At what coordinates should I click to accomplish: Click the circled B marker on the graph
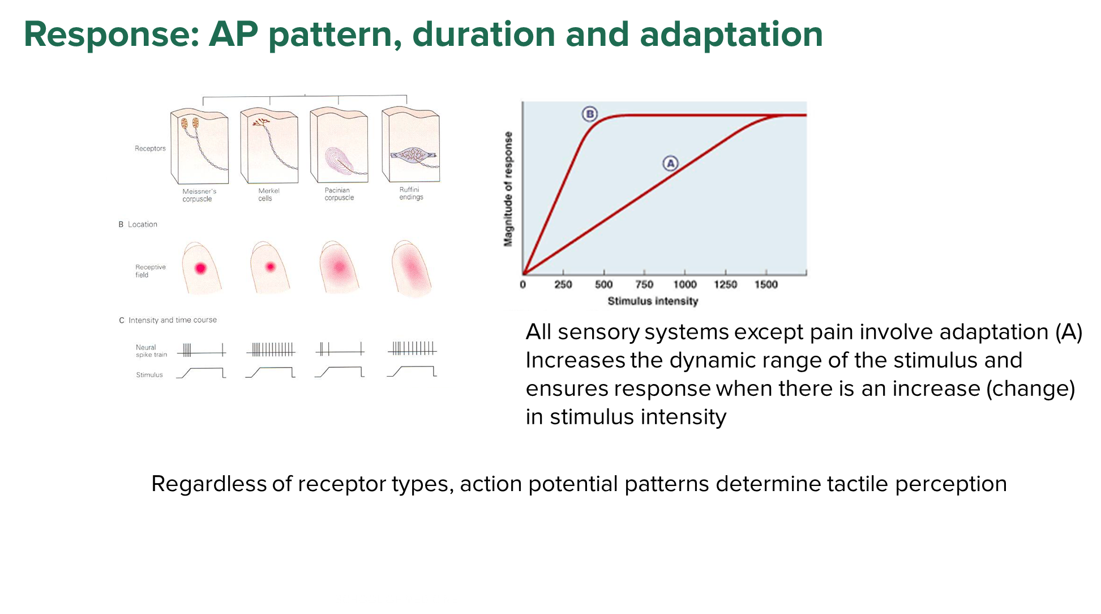pyautogui.click(x=590, y=114)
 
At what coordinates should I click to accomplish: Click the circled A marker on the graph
pyautogui.click(x=671, y=164)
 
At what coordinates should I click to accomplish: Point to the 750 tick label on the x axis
pyautogui.click(x=644, y=284)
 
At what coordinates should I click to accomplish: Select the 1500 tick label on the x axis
pyautogui.click(x=766, y=284)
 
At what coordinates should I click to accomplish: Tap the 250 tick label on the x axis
pyautogui.click(x=563, y=284)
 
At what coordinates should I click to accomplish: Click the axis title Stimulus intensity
pyautogui.click(x=653, y=301)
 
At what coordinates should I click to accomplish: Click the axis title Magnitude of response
pyautogui.click(x=508, y=189)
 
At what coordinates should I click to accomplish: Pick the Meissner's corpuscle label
pyautogui.click(x=199, y=195)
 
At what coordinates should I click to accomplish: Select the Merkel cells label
pyautogui.click(x=269, y=194)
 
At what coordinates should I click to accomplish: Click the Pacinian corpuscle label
pyautogui.click(x=339, y=194)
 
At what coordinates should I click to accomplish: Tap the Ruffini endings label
pyautogui.click(x=411, y=193)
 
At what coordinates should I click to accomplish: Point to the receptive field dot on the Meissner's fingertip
pyautogui.click(x=200, y=268)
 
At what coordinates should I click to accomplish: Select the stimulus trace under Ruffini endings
pyautogui.click(x=412, y=372)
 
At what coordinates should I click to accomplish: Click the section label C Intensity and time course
pyautogui.click(x=168, y=320)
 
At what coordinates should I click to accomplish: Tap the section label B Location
pyautogui.click(x=138, y=224)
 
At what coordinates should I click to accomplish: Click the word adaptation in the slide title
pyautogui.click(x=731, y=35)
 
